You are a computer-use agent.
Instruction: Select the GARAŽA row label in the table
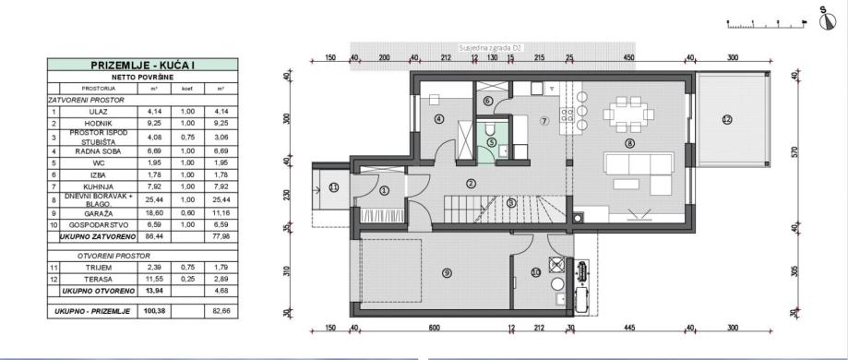click(x=97, y=211)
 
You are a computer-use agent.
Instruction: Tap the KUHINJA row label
click(x=97, y=186)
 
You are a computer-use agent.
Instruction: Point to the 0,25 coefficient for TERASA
click(x=185, y=277)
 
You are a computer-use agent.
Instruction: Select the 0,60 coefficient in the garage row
click(x=185, y=211)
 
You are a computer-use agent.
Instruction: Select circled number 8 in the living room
click(x=630, y=143)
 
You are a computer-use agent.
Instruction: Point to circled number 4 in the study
click(x=439, y=119)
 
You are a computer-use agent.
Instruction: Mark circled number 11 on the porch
click(x=334, y=187)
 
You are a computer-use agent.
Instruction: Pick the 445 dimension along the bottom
click(x=629, y=326)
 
